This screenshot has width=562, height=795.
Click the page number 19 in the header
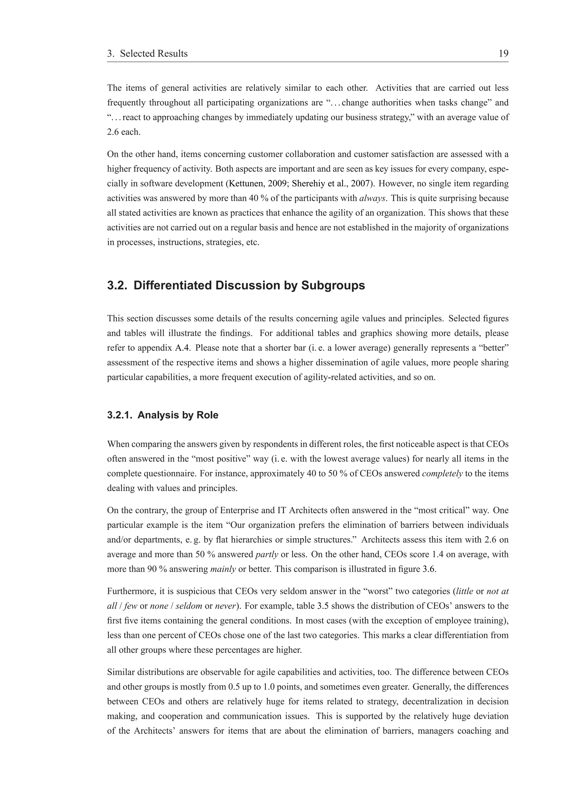(x=503, y=54)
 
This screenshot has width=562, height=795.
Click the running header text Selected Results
(x=154, y=54)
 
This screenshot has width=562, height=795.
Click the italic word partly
(x=267, y=554)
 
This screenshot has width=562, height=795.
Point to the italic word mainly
(x=223, y=569)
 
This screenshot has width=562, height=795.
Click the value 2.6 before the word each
(x=113, y=132)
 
